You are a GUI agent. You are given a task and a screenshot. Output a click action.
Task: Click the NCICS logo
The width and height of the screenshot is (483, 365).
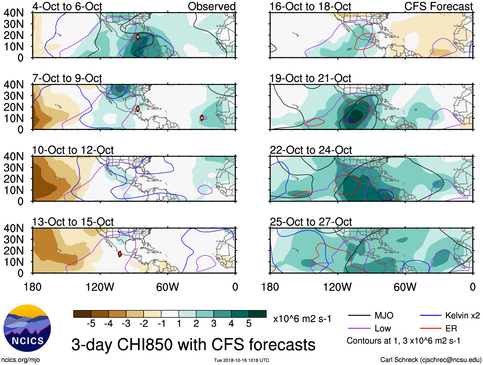(27, 328)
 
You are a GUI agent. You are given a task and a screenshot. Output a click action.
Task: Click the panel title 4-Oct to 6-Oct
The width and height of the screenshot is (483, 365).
(67, 6)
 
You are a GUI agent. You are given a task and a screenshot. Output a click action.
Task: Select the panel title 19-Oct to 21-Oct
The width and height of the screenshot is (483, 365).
(310, 78)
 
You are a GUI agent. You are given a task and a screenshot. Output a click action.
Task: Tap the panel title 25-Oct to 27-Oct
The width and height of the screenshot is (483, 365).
(311, 222)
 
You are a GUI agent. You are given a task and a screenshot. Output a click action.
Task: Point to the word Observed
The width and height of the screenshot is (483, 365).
(211, 6)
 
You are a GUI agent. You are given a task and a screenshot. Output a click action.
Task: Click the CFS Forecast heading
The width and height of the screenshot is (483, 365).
(438, 6)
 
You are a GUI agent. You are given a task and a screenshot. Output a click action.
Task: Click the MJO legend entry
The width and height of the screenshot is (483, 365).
(384, 316)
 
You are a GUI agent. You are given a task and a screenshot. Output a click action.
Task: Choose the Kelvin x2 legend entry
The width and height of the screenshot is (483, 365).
(462, 316)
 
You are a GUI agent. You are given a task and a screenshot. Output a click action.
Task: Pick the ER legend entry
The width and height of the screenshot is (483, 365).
(451, 329)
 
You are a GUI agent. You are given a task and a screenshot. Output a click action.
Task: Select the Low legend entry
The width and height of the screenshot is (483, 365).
(383, 329)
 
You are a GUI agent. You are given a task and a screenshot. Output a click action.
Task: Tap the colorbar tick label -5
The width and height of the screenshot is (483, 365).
(91, 324)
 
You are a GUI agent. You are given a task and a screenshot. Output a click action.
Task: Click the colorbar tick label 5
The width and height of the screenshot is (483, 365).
(249, 324)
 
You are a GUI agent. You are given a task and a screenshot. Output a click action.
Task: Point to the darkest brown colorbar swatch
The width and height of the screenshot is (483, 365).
(82, 314)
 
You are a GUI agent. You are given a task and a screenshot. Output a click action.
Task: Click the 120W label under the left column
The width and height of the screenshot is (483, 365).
(100, 287)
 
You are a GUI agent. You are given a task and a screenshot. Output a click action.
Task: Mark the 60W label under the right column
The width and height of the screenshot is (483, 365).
(405, 287)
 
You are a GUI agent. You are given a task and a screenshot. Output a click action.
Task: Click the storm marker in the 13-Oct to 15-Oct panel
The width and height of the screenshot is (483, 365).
(120, 254)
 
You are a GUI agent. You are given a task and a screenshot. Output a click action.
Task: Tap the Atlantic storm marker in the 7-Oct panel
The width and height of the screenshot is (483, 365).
(202, 118)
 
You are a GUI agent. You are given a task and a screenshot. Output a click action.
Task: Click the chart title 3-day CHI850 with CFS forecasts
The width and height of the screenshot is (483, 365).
(193, 345)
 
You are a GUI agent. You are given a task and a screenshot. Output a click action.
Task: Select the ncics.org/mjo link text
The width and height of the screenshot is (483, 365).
(20, 360)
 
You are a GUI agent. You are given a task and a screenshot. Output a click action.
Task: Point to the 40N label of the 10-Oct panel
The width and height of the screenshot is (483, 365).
(13, 156)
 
